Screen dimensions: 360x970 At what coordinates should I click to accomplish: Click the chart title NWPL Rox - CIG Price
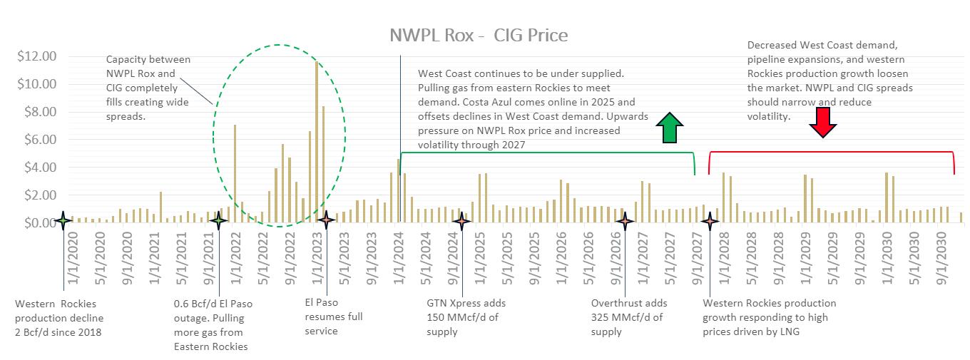coord(479,35)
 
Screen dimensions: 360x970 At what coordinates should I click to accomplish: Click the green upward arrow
coord(670,128)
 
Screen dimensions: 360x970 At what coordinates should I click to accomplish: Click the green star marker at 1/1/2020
coord(63,221)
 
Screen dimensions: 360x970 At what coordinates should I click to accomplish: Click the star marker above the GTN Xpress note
coord(461,221)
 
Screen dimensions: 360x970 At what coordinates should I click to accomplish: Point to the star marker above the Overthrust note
coord(625,221)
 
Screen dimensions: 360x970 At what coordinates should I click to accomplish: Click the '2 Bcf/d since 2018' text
coord(58,332)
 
